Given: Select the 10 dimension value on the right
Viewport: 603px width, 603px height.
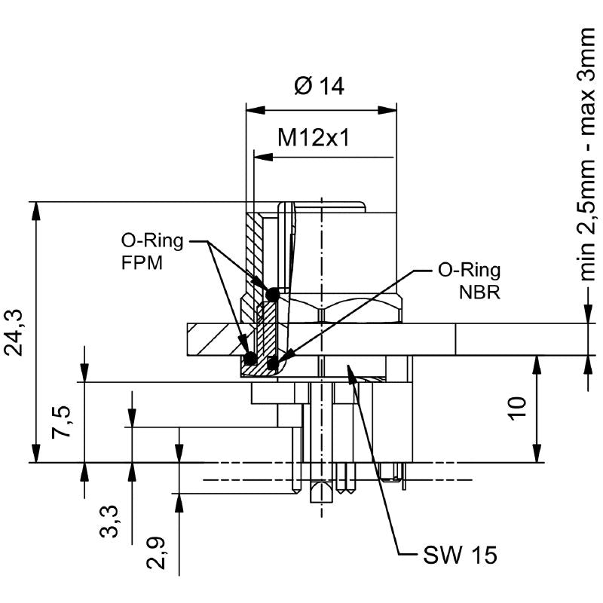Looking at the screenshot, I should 516,407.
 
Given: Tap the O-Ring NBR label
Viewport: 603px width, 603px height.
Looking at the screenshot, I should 469,280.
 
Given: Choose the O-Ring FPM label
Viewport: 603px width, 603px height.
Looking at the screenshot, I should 152,253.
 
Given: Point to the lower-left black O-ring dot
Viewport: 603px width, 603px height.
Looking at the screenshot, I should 250,358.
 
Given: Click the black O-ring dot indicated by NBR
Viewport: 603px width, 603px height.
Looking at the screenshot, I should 272,365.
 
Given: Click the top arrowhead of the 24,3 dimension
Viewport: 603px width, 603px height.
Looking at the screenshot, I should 35,211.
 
